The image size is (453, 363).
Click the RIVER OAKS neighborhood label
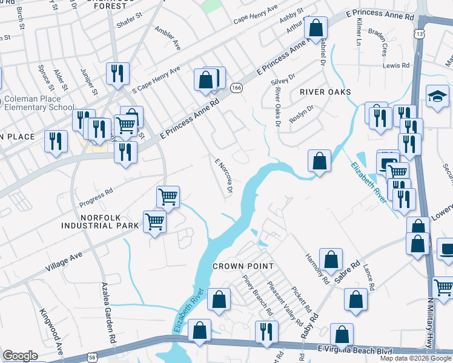click(325, 92)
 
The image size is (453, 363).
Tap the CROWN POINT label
click(243, 266)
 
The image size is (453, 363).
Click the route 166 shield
click(236, 89)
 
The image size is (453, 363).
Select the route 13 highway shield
click(419, 34)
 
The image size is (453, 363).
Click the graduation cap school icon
click(437, 97)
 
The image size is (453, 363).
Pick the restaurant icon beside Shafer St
click(117, 73)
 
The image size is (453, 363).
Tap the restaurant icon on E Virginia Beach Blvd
click(266, 332)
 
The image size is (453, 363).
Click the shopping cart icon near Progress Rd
click(168, 196)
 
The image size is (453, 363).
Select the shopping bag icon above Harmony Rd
click(331, 260)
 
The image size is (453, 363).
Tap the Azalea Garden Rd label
click(108, 306)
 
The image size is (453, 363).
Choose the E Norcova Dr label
click(225, 177)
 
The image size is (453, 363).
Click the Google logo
click(20, 356)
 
